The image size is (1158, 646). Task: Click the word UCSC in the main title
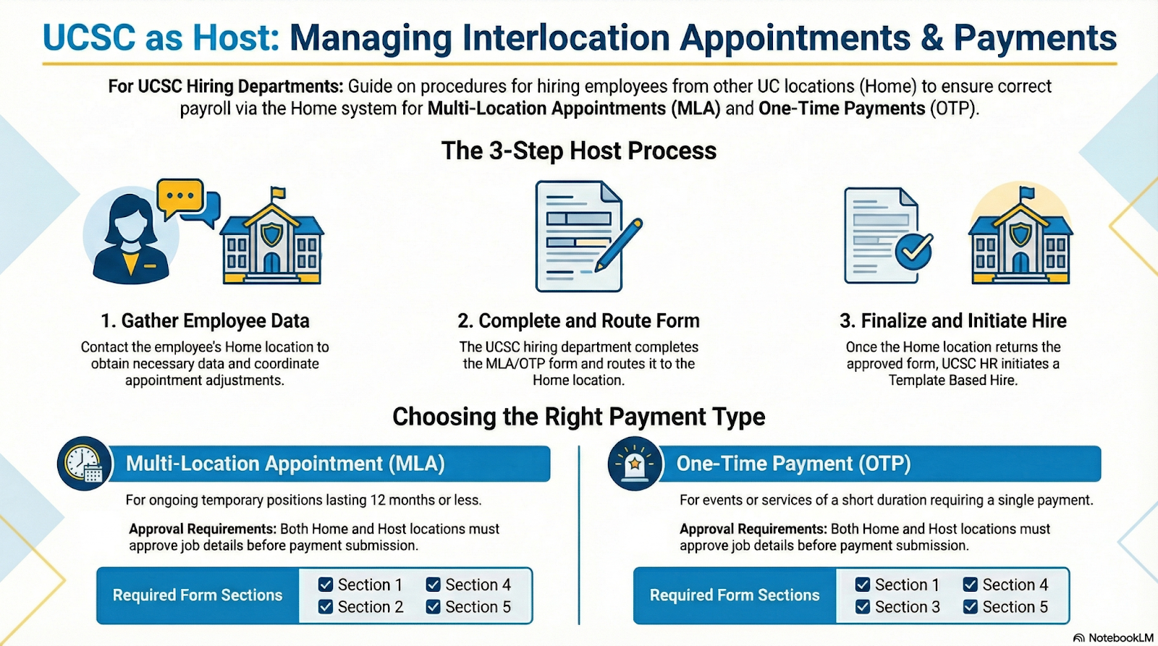pyautogui.click(x=89, y=38)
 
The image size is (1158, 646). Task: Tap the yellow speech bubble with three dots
pyautogui.click(x=179, y=196)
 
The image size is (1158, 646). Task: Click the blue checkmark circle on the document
pyautogui.click(x=914, y=250)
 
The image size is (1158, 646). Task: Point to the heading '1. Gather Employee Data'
pyautogui.click(x=205, y=320)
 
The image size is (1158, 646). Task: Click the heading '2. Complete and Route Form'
pyautogui.click(x=578, y=320)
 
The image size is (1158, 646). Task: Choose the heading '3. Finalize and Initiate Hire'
pyautogui.click(x=952, y=320)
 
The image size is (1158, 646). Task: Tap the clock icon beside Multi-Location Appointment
pyautogui.click(x=84, y=463)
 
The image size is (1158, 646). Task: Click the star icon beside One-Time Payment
pyautogui.click(x=635, y=463)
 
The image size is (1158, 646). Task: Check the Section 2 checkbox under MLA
pyautogui.click(x=326, y=607)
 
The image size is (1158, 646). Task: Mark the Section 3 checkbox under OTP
pyautogui.click(x=863, y=607)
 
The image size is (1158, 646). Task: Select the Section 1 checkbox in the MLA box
pyautogui.click(x=326, y=585)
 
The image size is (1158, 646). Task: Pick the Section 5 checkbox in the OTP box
pyautogui.click(x=971, y=607)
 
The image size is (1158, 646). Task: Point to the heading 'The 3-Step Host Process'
pyautogui.click(x=579, y=150)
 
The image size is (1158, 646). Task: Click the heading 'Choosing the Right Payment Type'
pyautogui.click(x=579, y=417)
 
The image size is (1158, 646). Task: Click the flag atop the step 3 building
pyautogui.click(x=1026, y=194)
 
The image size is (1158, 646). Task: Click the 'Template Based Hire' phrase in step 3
pyautogui.click(x=952, y=381)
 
